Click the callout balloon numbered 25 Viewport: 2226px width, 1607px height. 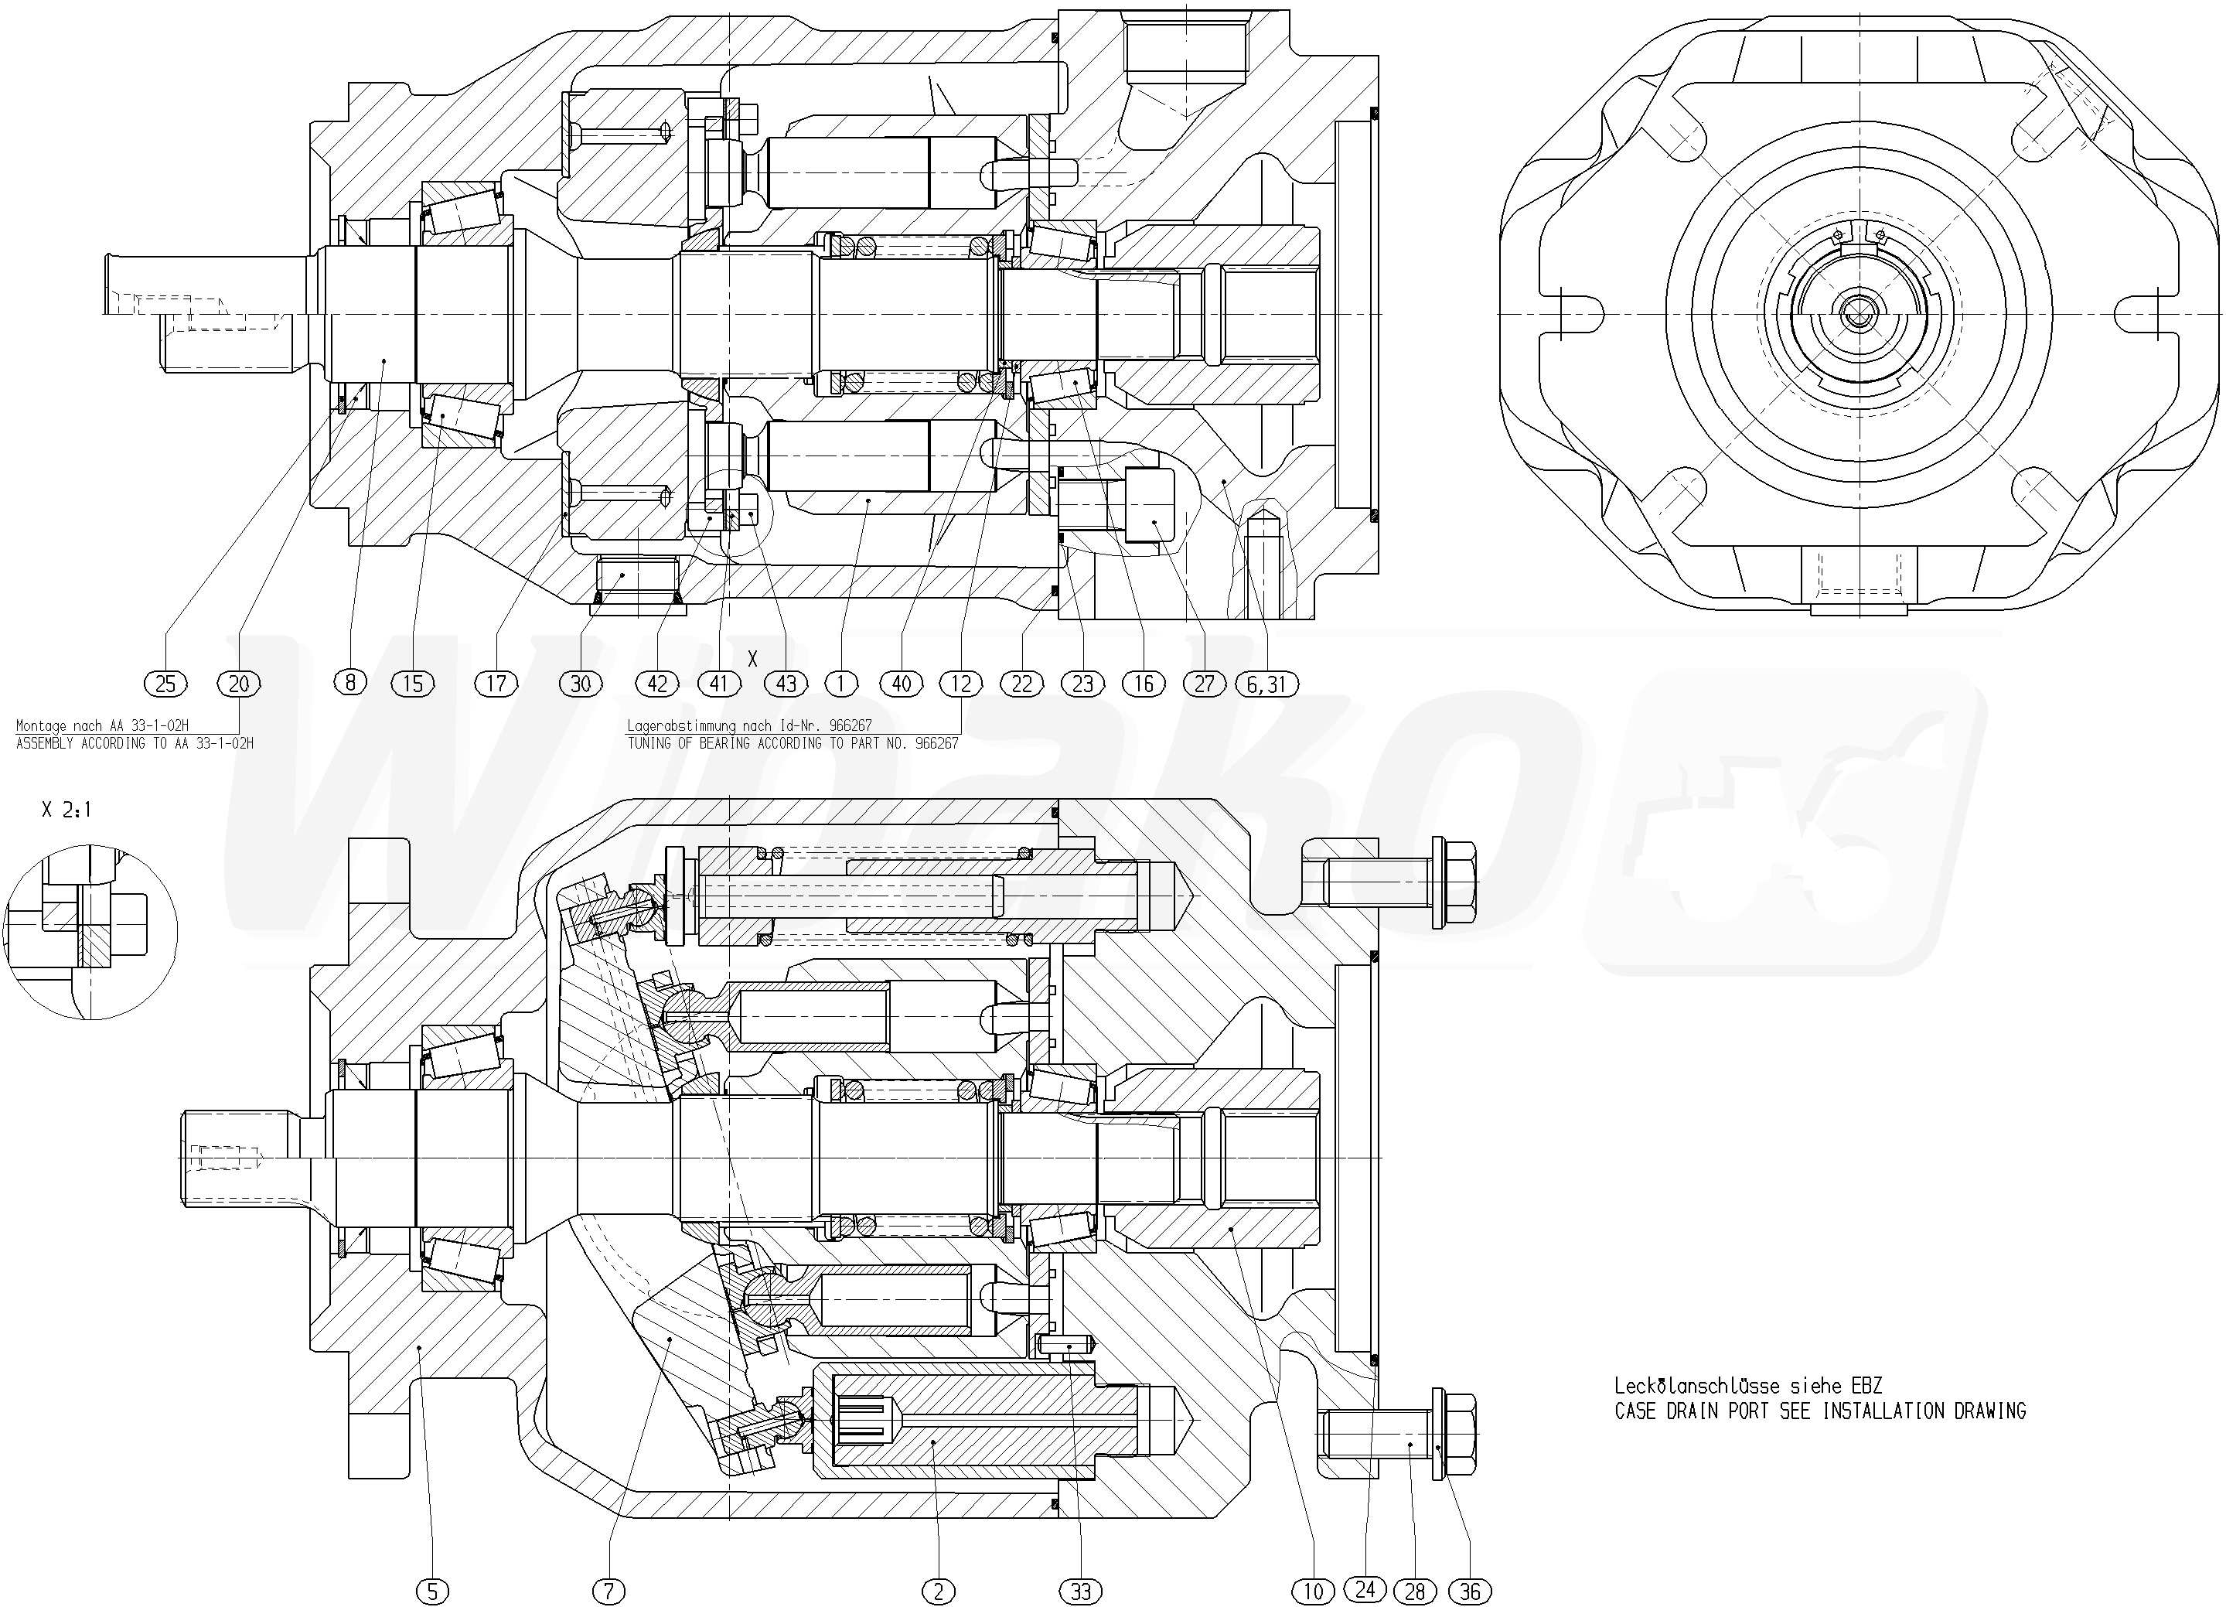[165, 683]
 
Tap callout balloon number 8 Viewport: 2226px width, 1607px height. [349, 681]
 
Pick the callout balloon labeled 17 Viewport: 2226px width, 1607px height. [496, 683]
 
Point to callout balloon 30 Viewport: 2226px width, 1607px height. [580, 683]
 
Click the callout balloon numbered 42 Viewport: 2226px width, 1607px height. [656, 683]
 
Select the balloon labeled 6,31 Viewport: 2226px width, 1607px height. [1266, 683]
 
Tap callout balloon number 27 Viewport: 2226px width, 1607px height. [1205, 683]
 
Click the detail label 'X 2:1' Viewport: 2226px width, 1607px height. [66, 810]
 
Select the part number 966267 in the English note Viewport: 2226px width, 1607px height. [936, 744]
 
